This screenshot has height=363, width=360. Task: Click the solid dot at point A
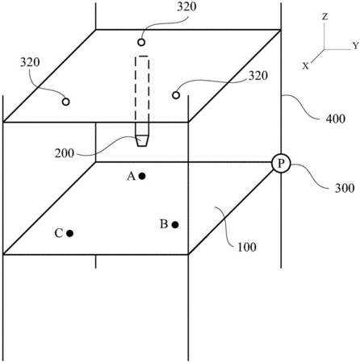(x=142, y=176)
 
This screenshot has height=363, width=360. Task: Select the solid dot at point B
(x=175, y=224)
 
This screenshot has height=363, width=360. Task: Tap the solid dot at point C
(x=70, y=233)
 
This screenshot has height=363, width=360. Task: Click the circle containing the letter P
(x=281, y=164)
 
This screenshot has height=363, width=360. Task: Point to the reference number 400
(x=335, y=119)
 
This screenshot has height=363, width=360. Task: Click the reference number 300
(x=345, y=188)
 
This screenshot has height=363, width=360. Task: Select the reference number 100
(x=246, y=247)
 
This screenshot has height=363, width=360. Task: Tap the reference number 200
(x=65, y=153)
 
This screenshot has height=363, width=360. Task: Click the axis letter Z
(x=325, y=17)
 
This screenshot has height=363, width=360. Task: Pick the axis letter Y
(x=356, y=46)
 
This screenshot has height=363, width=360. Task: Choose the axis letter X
(x=305, y=65)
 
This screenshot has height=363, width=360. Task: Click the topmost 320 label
(x=186, y=7)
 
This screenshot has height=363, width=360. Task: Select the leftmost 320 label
(x=30, y=62)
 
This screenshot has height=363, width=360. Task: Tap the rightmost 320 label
(x=258, y=76)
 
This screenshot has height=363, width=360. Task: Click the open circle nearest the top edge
(x=141, y=42)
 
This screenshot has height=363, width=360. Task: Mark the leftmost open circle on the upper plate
(x=65, y=102)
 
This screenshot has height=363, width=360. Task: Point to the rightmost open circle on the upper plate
(x=176, y=95)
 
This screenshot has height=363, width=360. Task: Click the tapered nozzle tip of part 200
(x=142, y=140)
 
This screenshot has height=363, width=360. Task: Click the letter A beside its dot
(x=132, y=177)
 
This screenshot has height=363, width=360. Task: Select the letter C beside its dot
(x=59, y=233)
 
